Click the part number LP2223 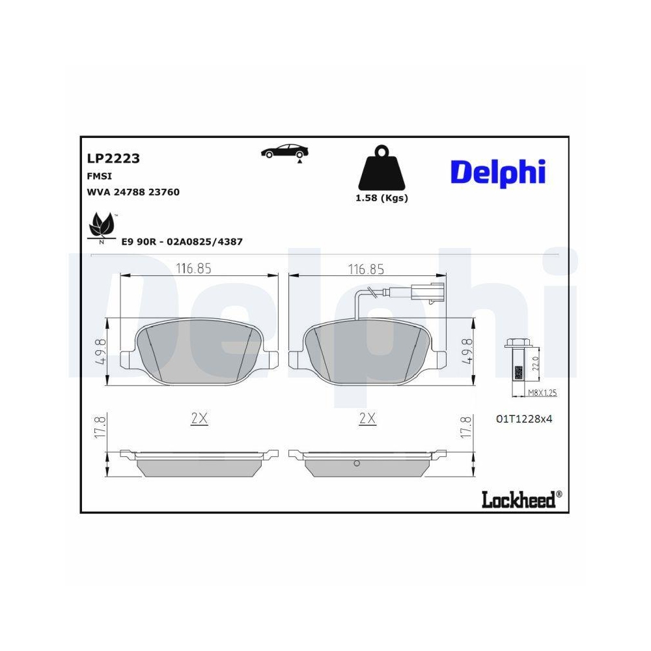point(113,158)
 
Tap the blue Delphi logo point(497,172)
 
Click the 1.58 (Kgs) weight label point(381,199)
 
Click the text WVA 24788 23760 point(133,192)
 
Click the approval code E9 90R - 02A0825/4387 point(182,242)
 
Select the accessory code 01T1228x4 point(523,419)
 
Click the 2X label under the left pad point(199,419)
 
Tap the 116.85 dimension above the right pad point(366,269)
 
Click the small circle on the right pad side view point(357,464)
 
